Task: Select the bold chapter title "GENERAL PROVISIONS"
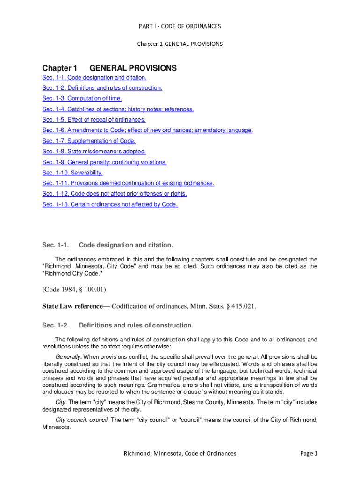[133, 68]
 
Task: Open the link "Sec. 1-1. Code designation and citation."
[94, 78]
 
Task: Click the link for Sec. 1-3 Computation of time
[82, 99]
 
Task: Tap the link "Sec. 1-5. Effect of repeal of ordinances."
[94, 120]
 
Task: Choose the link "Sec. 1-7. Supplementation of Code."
[89, 141]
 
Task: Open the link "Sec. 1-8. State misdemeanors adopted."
[94, 152]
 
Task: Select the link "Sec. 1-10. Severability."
[72, 173]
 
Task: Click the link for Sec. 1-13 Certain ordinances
[110, 204]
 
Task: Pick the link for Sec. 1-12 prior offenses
[115, 194]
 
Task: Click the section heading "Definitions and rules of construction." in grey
[136, 325]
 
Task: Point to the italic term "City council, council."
[82, 420]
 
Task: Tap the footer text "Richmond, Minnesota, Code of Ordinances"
[180, 453]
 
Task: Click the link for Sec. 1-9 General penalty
[104, 162]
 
